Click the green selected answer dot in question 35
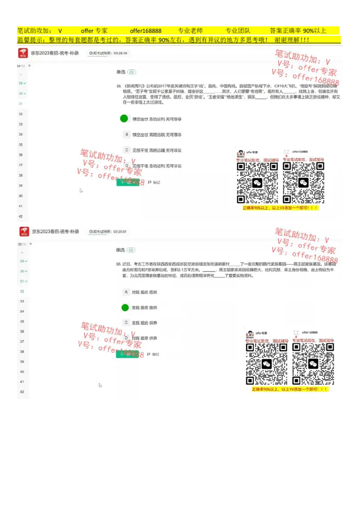[x=124, y=119]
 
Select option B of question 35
[x=127, y=134]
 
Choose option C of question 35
[x=127, y=150]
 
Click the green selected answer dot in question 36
[x=126, y=308]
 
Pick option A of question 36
[x=126, y=292]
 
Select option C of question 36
[x=126, y=322]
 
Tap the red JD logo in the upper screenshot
[x=23, y=53]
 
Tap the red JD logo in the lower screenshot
[x=24, y=232]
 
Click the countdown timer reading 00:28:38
[x=108, y=53]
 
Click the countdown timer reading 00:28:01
[x=108, y=232]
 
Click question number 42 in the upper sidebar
[x=21, y=216]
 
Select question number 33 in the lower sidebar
[x=22, y=301]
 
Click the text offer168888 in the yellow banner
[x=145, y=31]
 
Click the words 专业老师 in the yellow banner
[x=190, y=31]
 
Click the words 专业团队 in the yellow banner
[x=238, y=31]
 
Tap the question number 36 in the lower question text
[x=118, y=264]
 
